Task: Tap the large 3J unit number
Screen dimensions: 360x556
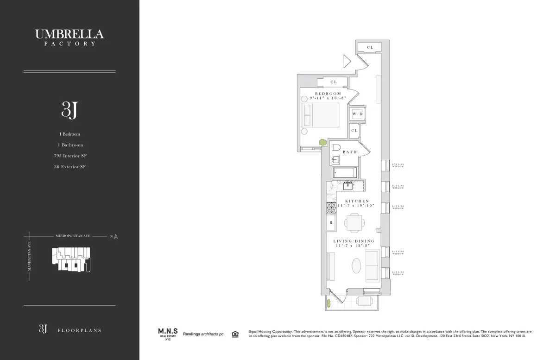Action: pyautogui.click(x=69, y=109)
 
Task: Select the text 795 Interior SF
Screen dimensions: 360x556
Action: pyautogui.click(x=69, y=156)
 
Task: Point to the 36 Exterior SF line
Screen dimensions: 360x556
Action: pyautogui.click(x=69, y=166)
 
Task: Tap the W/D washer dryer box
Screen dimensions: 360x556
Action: pyautogui.click(x=357, y=114)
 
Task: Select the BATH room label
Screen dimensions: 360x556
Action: pyautogui.click(x=349, y=152)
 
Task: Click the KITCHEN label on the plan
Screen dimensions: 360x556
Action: pyautogui.click(x=357, y=201)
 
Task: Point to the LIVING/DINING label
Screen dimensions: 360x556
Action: pyautogui.click(x=354, y=241)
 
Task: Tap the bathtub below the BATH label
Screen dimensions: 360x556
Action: pyautogui.click(x=345, y=173)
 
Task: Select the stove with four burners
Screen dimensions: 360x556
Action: pyautogui.click(x=332, y=208)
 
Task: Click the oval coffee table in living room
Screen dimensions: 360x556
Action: pyautogui.click(x=357, y=267)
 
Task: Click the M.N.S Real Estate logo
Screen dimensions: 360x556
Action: pyautogui.click(x=166, y=334)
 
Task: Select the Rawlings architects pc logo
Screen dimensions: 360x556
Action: pyautogui.click(x=203, y=334)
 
